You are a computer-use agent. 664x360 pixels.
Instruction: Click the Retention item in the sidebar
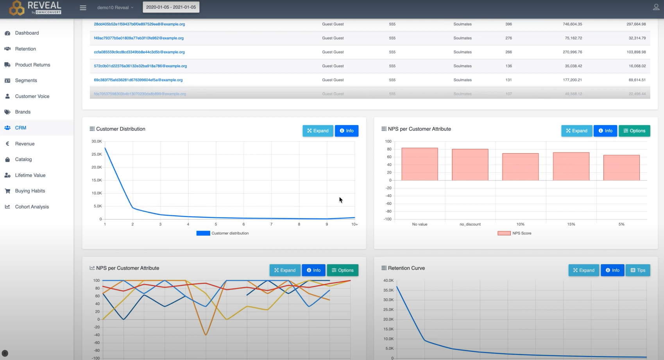[25, 49]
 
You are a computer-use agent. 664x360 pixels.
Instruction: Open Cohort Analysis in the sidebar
[32, 207]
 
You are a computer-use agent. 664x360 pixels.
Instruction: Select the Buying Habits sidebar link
[30, 191]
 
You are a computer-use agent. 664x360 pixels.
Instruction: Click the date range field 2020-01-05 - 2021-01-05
[171, 7]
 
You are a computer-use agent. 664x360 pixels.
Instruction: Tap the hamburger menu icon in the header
[83, 8]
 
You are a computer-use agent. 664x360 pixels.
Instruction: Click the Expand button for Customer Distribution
[318, 131]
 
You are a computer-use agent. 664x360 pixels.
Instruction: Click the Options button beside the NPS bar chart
[634, 131]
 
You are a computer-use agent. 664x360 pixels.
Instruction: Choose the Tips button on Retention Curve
[637, 270]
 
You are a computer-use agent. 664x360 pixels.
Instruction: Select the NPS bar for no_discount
[470, 165]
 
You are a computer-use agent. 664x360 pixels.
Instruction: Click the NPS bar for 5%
[621, 168]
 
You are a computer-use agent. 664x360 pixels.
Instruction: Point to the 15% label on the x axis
[571, 224]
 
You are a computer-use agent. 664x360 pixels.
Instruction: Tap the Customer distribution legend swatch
[203, 233]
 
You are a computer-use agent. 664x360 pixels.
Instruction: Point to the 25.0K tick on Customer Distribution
[97, 154]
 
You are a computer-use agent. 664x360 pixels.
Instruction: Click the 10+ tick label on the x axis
[354, 224]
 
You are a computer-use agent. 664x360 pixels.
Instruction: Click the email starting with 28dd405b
[139, 24]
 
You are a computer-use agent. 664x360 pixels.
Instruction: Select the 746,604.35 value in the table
[572, 24]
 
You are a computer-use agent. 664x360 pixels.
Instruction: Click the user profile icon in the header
[656, 7]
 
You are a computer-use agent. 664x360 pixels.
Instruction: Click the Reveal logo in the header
[35, 7]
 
